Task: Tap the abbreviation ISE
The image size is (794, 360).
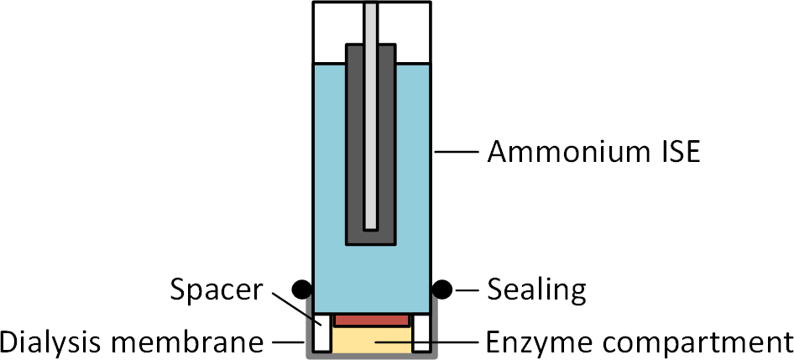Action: pos(674,154)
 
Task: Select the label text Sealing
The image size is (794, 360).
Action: pos(536,290)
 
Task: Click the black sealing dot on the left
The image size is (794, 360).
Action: pos(301,290)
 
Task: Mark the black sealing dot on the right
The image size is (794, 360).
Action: pos(442,290)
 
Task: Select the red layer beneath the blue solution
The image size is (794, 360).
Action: pos(372,320)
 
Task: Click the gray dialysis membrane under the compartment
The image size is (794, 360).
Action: pos(372,356)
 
